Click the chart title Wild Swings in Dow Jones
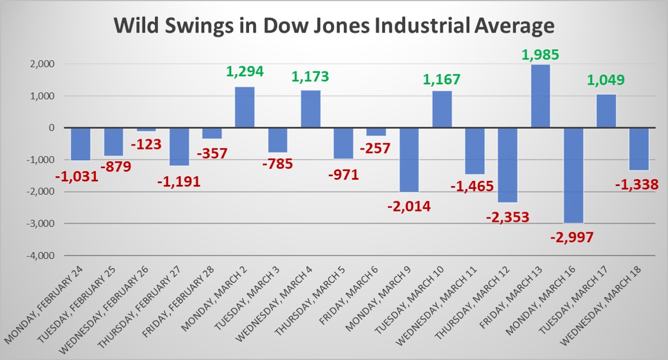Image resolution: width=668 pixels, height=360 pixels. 333,27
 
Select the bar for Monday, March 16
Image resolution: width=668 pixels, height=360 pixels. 573,175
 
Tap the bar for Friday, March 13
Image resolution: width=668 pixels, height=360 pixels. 540,96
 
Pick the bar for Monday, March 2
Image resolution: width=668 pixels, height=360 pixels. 244,107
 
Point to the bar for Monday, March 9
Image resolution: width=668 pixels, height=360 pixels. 409,159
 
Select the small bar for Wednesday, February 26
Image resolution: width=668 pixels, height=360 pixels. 146,129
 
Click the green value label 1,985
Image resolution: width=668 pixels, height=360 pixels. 540,55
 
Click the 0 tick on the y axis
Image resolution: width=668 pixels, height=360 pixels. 51,128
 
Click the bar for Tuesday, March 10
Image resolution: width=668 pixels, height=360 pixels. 441,109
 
